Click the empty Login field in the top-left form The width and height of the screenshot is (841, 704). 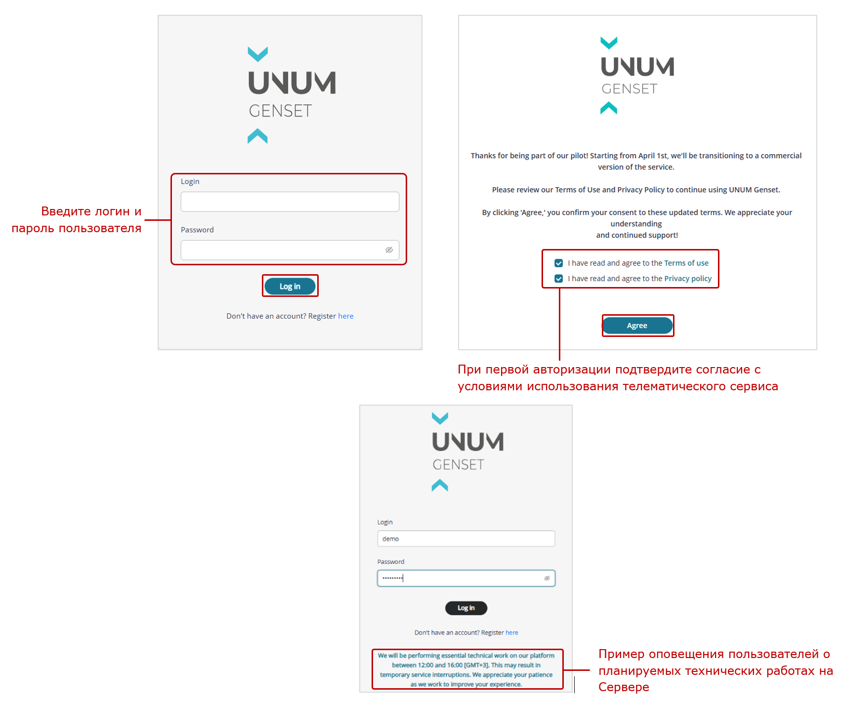tap(290, 202)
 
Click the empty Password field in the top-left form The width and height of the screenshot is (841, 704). tap(290, 250)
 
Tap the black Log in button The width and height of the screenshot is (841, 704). tap(466, 608)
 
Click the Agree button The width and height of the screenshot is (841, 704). tap(637, 326)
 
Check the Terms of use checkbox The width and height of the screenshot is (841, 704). tap(559, 263)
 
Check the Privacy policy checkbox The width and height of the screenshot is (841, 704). tap(559, 279)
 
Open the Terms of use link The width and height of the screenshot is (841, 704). tap(686, 263)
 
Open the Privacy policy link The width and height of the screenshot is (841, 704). tap(688, 279)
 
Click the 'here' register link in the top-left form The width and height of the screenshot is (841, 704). tap(346, 316)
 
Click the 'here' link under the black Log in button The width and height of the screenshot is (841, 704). tap(512, 632)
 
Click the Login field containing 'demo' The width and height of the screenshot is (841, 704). tap(466, 538)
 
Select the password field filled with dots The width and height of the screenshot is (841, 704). tap(466, 578)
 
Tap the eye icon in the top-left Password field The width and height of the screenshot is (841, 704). tap(389, 250)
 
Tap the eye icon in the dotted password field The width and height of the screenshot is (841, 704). tap(547, 578)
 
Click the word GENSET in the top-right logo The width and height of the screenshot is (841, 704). tap(629, 89)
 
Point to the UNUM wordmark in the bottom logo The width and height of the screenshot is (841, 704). tap(468, 442)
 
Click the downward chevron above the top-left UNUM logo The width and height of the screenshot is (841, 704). tap(257, 54)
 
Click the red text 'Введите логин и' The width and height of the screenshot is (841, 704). tap(91, 211)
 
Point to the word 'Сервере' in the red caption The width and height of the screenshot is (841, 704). tap(624, 687)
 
